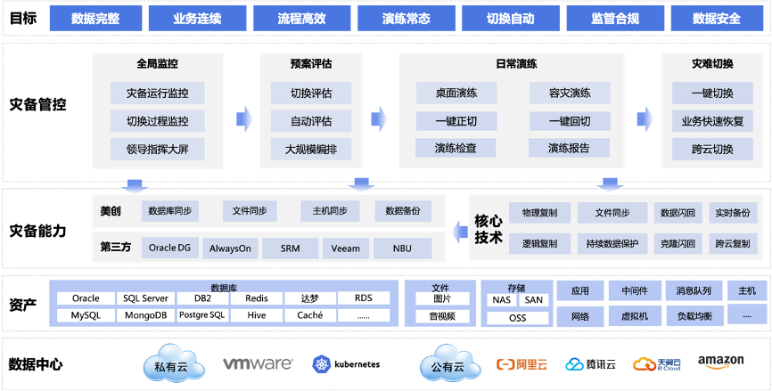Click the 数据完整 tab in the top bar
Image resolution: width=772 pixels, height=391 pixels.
click(x=94, y=18)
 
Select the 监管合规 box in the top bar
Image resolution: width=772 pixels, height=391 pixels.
click(x=614, y=18)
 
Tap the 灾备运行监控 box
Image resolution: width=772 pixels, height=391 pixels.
click(x=157, y=93)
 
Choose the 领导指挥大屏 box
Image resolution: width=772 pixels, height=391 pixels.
click(x=157, y=149)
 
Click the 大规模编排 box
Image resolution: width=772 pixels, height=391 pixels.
click(x=311, y=149)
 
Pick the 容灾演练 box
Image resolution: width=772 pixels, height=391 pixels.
click(x=569, y=93)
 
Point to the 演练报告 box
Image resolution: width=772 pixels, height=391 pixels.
click(x=569, y=149)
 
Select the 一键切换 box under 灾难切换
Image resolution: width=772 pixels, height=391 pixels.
click(x=711, y=93)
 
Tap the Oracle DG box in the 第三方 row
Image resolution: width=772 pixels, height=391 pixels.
click(x=169, y=248)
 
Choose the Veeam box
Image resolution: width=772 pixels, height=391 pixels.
click(x=345, y=248)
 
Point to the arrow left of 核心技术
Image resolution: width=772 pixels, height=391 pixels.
click(x=458, y=233)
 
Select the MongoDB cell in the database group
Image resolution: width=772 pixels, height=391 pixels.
click(x=144, y=315)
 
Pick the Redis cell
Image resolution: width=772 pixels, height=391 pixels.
click(x=257, y=298)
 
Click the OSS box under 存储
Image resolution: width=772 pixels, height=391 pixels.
click(x=517, y=318)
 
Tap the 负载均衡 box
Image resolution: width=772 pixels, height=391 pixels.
click(x=694, y=315)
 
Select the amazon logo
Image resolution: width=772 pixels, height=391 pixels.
click(x=720, y=362)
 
